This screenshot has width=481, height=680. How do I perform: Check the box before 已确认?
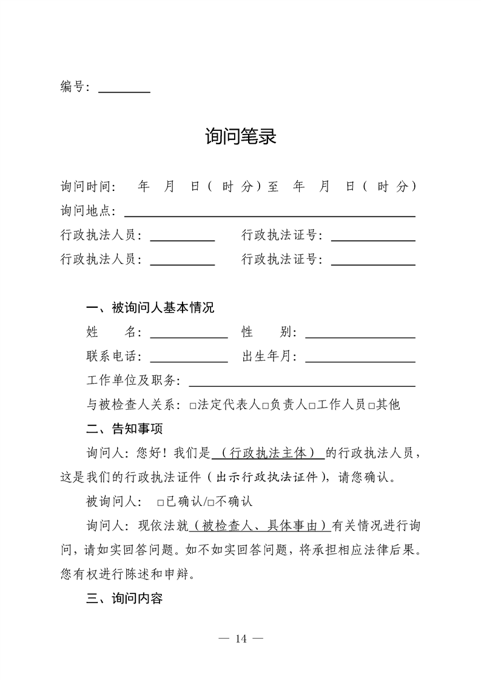pyautogui.click(x=160, y=502)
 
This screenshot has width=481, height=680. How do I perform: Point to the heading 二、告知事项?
pyautogui.click(x=125, y=429)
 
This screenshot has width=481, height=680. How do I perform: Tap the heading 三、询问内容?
pyautogui.click(x=125, y=599)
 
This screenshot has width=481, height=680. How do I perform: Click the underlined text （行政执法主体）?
pyautogui.click(x=268, y=453)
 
